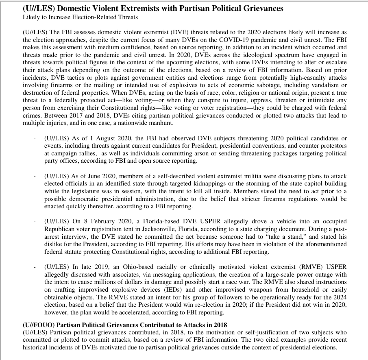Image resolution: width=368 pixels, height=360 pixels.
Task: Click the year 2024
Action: pos(340,297)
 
